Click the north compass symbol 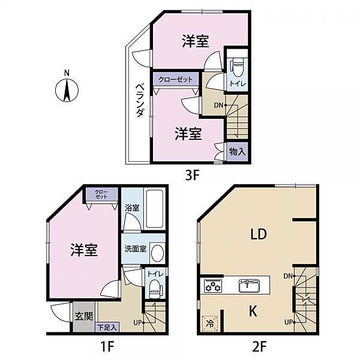point(67,91)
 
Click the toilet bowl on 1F point(153,292)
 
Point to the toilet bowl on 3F point(237,64)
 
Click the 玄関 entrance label point(84,316)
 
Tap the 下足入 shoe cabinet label point(108,328)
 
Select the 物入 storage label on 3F point(237,152)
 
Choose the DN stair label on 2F point(288,275)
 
